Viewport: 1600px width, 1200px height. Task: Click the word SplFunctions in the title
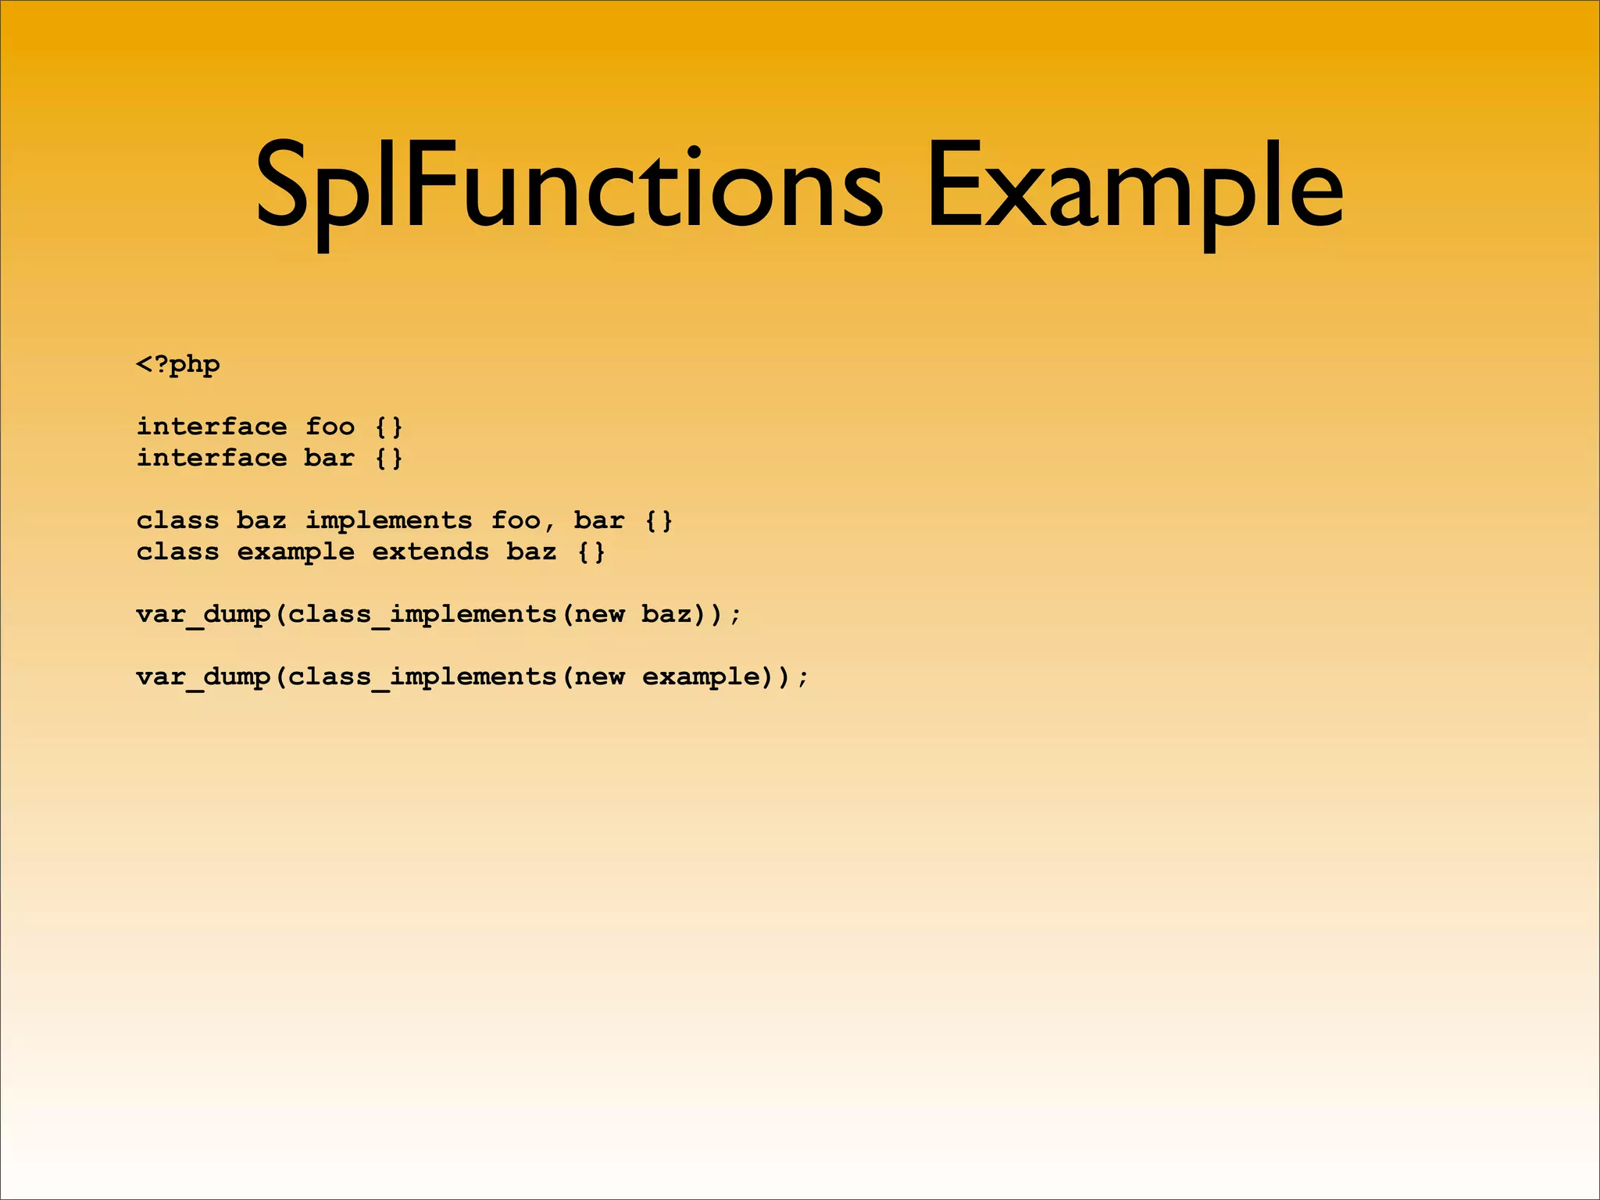tap(569, 187)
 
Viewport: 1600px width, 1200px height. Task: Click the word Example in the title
tap(1134, 187)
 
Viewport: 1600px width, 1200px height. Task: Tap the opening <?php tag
tap(178, 365)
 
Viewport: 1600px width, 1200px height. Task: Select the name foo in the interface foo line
tap(330, 427)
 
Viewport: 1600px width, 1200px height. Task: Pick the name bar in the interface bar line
tap(329, 458)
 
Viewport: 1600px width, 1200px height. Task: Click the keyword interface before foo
tap(212, 427)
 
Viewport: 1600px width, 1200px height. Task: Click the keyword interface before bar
tap(212, 458)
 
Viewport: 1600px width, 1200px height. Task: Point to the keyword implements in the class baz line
tap(388, 521)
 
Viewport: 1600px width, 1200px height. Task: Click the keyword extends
tap(430, 552)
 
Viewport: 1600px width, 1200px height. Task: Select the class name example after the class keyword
tap(296, 552)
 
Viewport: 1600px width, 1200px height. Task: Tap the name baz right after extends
tap(531, 552)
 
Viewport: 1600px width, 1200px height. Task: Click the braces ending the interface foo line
tap(388, 427)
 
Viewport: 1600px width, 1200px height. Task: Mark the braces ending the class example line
tap(591, 552)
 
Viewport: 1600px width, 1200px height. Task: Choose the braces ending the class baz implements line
tap(659, 520)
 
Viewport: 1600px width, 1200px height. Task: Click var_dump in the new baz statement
tap(203, 615)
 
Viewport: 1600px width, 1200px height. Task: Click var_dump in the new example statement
tap(203, 677)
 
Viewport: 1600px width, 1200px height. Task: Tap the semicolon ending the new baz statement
tap(734, 615)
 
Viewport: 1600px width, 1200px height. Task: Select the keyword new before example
tap(599, 677)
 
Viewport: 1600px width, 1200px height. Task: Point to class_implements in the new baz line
tap(422, 615)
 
